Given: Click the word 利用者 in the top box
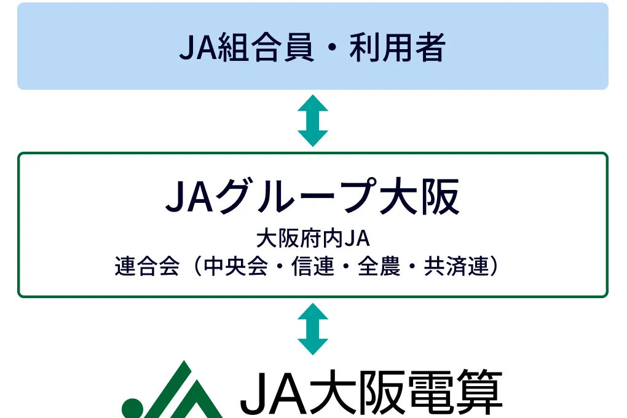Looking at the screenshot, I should [396, 48].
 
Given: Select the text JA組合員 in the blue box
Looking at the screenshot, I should [246, 48].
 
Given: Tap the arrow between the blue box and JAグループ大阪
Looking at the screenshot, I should [313, 120].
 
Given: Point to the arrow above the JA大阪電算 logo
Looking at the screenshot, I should [313, 329].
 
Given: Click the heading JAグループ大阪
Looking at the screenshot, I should [312, 197].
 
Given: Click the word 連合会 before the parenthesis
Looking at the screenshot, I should [147, 267].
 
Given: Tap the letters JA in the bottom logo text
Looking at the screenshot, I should [272, 393].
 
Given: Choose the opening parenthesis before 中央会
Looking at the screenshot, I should [197, 267].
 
